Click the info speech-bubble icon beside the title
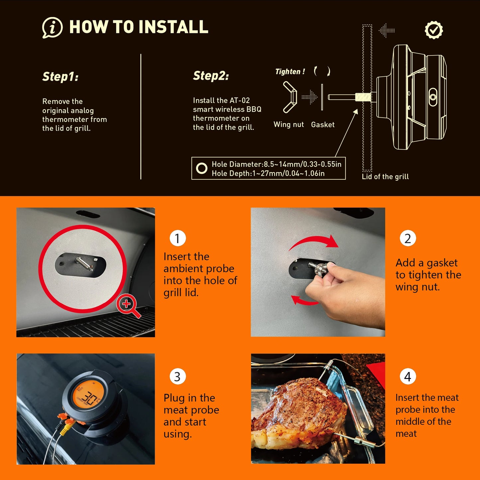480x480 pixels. tap(52, 28)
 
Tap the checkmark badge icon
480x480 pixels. tap(434, 30)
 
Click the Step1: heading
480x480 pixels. tap(60, 77)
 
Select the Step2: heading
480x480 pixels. tap(211, 76)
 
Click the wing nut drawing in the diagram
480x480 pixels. tap(290, 97)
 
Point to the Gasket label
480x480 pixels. tap(323, 125)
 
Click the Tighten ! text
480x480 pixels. tap(290, 71)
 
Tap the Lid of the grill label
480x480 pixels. tap(385, 177)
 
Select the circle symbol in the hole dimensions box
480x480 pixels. tap(202, 168)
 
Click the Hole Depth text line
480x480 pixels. tap(268, 173)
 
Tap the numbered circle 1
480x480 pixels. tap(177, 238)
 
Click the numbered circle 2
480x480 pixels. tap(408, 238)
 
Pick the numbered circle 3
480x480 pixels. tap(177, 377)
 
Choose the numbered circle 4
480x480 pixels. tap(408, 377)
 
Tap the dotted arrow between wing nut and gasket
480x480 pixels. tap(310, 97)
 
